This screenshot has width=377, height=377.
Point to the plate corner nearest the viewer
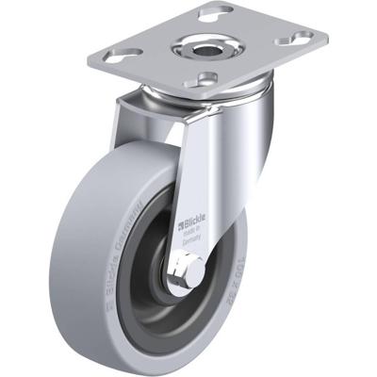212,92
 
